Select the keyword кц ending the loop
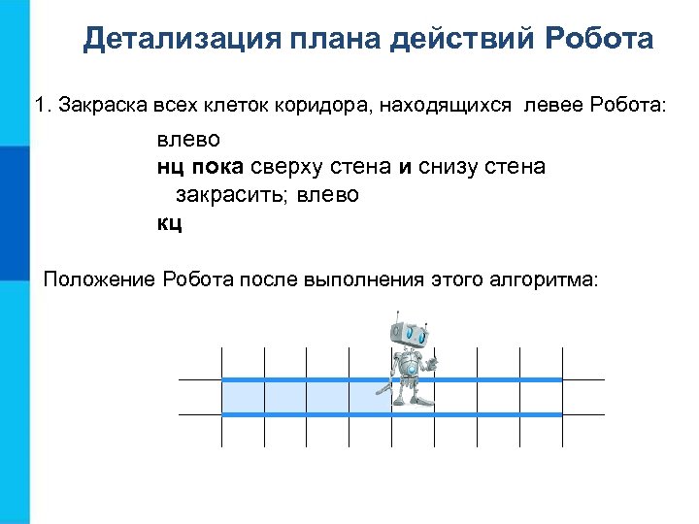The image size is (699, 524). pos(170,223)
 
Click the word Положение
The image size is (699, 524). pos(100,280)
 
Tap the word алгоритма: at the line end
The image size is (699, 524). pos(544,280)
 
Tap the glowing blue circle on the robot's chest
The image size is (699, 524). pos(412,370)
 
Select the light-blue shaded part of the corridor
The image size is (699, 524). pos(291,397)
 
